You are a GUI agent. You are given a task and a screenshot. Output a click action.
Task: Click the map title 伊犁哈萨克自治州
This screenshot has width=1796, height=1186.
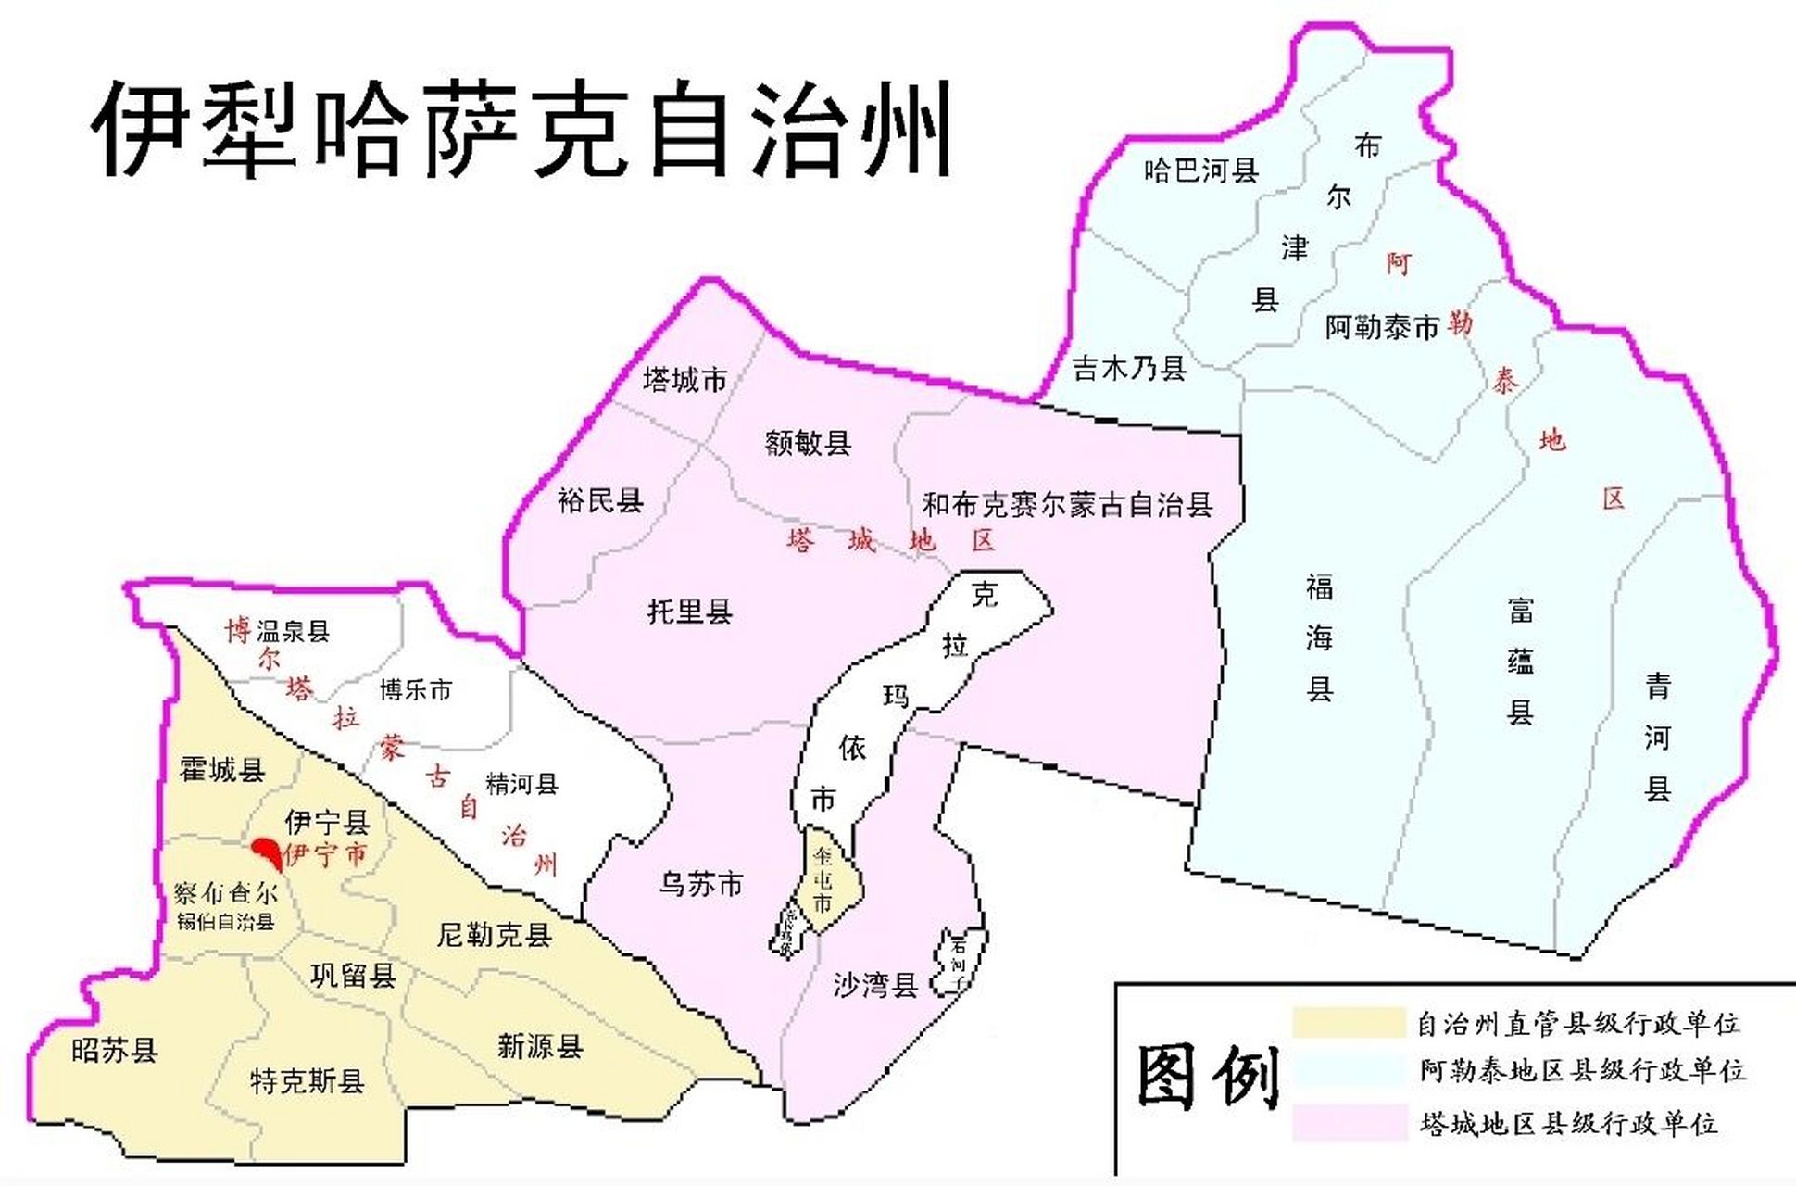[x=521, y=129]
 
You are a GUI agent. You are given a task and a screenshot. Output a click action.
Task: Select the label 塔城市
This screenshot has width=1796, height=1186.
[x=684, y=380]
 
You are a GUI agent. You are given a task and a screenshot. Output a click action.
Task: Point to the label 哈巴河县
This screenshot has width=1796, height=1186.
[x=1201, y=170]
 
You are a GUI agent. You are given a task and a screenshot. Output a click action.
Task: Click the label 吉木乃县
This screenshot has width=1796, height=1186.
[x=1129, y=369]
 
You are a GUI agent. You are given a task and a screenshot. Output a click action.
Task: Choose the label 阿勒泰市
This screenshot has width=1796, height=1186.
[x=1381, y=327]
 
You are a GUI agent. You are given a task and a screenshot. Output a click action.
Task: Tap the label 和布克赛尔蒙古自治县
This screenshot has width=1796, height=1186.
[x=1067, y=505]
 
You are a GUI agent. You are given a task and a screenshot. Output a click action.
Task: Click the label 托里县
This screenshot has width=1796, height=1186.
[x=690, y=612]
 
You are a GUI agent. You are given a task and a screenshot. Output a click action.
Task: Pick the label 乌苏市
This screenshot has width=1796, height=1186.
[x=701, y=885]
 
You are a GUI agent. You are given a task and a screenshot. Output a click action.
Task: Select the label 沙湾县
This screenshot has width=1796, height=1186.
[x=875, y=985]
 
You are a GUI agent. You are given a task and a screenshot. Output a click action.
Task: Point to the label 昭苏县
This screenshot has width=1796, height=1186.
[x=114, y=1051]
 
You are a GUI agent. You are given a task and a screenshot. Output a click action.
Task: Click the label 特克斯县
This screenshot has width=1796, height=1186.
[x=307, y=1081]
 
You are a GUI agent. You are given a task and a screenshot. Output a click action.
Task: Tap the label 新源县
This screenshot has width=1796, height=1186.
[x=540, y=1047]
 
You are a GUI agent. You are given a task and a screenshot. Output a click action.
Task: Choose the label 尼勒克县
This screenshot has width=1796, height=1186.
[x=494, y=935]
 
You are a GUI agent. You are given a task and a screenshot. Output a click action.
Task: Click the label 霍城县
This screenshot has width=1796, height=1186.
[x=222, y=769]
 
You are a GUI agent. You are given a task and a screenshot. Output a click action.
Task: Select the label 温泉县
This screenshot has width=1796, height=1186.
[x=293, y=632]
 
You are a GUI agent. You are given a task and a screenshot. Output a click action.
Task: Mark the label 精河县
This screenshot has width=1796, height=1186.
[x=521, y=785]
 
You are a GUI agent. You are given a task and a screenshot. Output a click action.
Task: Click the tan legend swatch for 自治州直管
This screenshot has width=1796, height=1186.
[x=1349, y=1023]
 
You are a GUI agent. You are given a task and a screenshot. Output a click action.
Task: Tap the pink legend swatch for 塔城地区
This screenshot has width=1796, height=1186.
[x=1349, y=1124]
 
